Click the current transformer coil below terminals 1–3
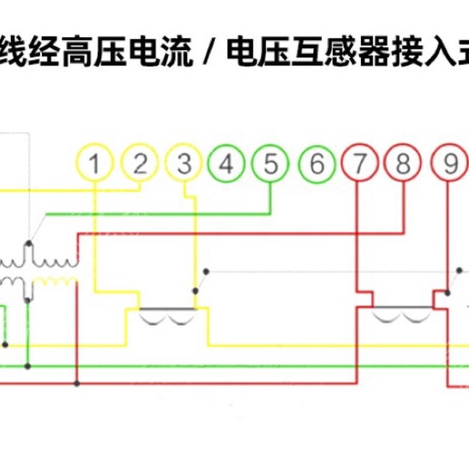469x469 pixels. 168,317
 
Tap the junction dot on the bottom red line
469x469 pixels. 77,383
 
